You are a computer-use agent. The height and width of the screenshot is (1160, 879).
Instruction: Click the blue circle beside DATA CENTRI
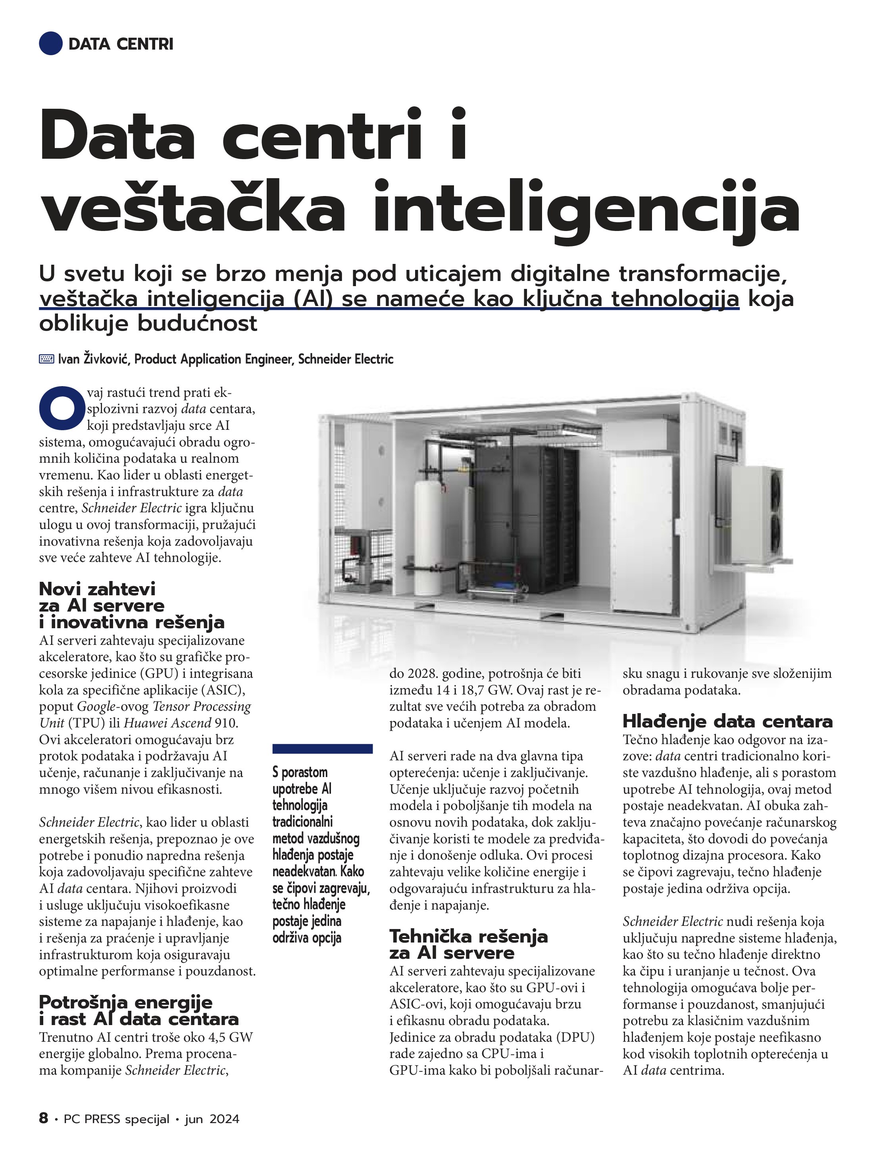point(51,44)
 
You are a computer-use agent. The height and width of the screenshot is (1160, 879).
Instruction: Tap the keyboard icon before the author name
point(47,359)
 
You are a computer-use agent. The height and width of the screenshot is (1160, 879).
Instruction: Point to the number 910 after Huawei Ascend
point(226,723)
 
